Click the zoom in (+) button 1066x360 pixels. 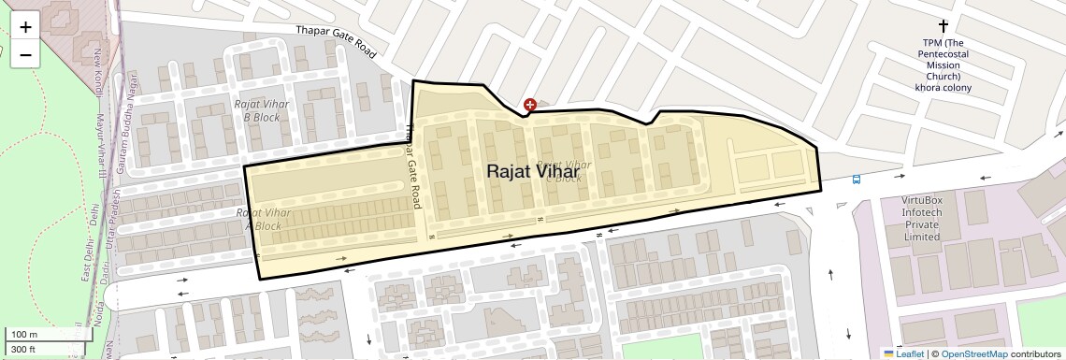coord(25,27)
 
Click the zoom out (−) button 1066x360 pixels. coord(25,55)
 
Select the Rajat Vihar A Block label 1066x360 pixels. coord(263,220)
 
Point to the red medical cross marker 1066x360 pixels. coord(530,106)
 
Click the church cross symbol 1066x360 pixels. coord(943,26)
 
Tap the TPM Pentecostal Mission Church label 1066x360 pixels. coord(943,65)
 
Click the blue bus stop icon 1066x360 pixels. coord(856,180)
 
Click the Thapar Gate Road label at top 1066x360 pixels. coord(336,42)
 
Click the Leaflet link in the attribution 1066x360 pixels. coord(902,353)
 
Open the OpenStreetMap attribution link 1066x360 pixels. coord(973,353)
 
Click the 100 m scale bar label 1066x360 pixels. coord(25,335)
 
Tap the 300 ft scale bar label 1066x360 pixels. coord(23,350)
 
